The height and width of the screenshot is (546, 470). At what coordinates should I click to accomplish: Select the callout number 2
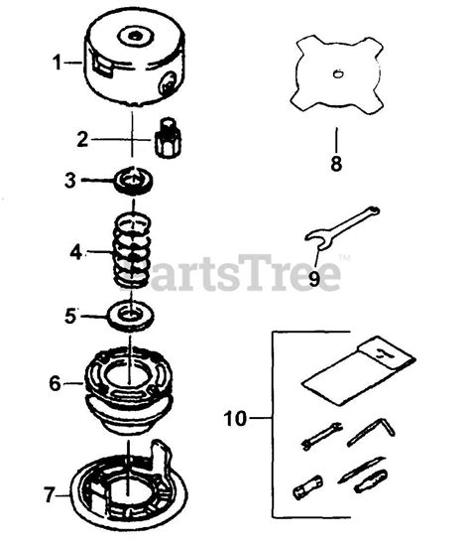pyautogui.click(x=84, y=138)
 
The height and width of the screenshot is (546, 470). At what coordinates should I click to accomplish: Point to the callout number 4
pyautogui.click(x=75, y=251)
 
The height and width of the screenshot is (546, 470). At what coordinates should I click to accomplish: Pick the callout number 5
pyautogui.click(x=70, y=318)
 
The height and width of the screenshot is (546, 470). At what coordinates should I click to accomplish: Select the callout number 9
pyautogui.click(x=314, y=279)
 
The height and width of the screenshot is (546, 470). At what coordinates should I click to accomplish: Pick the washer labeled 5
pyautogui.click(x=129, y=317)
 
